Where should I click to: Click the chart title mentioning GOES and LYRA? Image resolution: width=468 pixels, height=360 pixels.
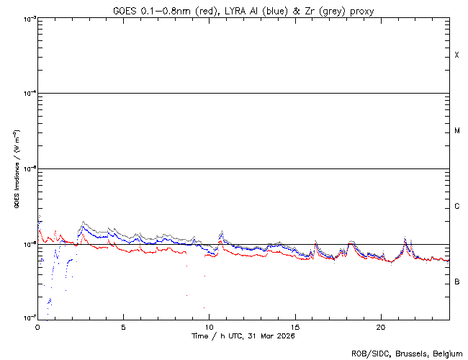[243, 10]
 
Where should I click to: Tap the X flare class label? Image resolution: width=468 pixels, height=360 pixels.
[457, 55]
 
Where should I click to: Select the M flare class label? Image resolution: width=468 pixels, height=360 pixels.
[457, 131]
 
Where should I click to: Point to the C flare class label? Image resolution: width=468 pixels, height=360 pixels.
[457, 207]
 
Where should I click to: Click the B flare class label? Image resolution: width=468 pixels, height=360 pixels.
[457, 282]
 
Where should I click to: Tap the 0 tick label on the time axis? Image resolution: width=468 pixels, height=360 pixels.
[37, 326]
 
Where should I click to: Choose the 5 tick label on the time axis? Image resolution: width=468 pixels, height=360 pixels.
[123, 326]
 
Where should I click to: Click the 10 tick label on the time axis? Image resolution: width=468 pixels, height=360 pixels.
[209, 326]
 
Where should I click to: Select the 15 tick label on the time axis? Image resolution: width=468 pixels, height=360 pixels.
[294, 326]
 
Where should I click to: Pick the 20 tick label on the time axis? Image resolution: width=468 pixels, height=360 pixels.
[380, 326]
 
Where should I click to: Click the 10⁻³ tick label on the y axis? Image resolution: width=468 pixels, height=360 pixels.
[27, 19]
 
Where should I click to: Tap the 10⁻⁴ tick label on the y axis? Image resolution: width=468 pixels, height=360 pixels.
[27, 94]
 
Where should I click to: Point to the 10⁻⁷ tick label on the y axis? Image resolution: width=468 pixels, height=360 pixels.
[27, 318]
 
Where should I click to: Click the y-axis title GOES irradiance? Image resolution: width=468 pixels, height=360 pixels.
[16, 169]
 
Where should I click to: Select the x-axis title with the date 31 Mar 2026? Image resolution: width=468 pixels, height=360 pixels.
[243, 336]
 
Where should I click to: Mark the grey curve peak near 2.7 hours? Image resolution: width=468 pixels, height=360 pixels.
[84, 222]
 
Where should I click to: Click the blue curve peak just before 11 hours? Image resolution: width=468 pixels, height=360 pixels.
[222, 232]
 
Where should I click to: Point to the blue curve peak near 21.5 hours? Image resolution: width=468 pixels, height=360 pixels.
[405, 238]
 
